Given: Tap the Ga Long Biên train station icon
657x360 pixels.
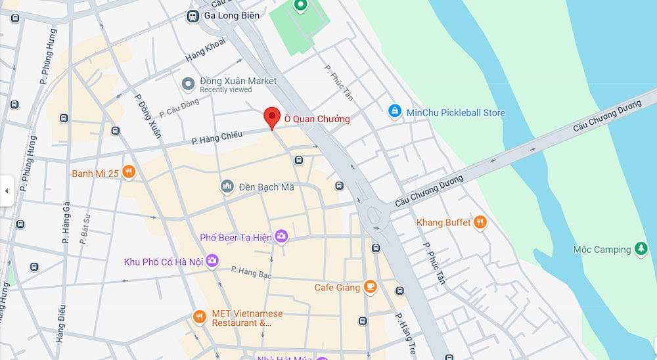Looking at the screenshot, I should (194, 16).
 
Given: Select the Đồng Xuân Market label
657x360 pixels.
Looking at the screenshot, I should (238, 81).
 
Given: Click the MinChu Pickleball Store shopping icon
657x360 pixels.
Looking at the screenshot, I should (394, 112).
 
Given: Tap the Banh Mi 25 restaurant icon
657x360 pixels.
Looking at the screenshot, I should (128, 173).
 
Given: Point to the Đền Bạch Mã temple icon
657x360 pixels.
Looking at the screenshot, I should (227, 187).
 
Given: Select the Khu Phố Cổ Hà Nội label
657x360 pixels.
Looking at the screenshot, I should (164, 262).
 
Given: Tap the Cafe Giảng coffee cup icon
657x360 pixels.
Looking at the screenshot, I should (371, 287).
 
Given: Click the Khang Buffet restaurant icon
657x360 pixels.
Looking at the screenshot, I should (480, 223).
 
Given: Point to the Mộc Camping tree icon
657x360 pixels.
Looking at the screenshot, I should (641, 250).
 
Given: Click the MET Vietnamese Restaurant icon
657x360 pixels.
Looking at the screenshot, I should (200, 317).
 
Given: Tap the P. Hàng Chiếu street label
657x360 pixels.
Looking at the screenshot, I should (217, 137).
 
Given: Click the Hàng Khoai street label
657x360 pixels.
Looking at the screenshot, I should (205, 50).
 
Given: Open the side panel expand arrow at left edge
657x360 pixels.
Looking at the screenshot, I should (7, 191).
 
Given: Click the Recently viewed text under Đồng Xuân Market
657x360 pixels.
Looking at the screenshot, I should (225, 90).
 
